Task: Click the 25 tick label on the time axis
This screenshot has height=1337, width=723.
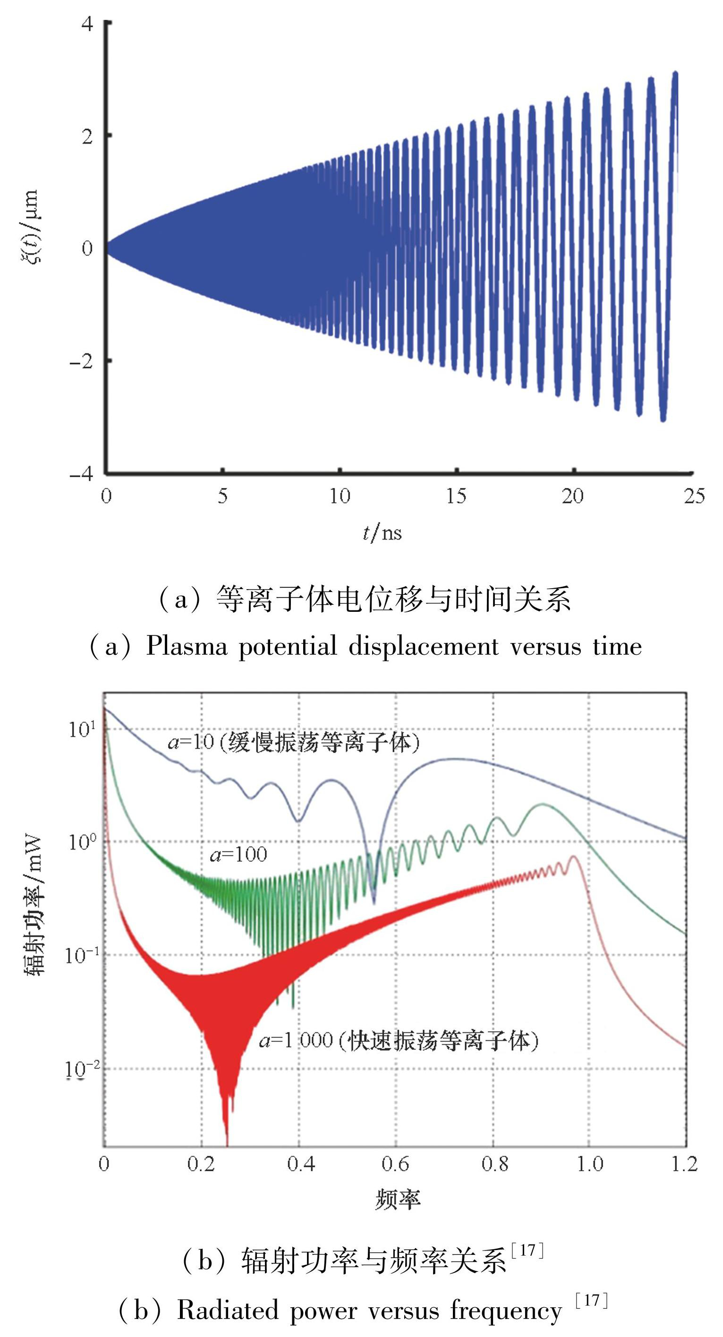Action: (x=693, y=496)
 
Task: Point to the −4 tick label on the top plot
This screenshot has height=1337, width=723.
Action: (x=81, y=473)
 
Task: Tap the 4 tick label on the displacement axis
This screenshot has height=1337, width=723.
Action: (x=87, y=23)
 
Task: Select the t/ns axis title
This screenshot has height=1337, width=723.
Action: (x=382, y=532)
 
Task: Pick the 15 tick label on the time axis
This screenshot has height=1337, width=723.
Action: (x=456, y=496)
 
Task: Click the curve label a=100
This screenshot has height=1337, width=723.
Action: (x=238, y=854)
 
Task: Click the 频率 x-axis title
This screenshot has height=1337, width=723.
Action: (x=397, y=1199)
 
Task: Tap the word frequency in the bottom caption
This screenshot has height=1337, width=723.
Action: (x=506, y=1310)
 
